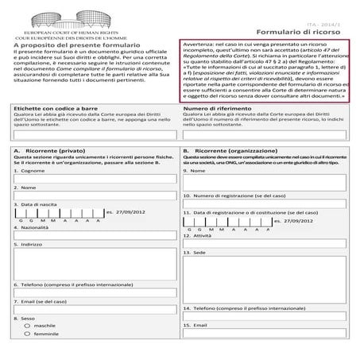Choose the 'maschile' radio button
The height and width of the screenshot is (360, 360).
coord(29,325)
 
